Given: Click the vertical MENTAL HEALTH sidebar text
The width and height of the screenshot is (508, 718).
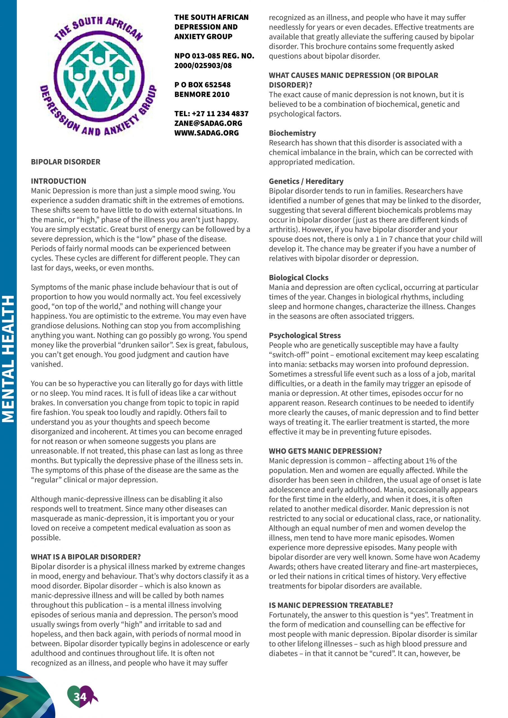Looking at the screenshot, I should [8, 359].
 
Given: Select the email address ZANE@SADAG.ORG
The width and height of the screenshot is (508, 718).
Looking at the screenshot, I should [208, 123].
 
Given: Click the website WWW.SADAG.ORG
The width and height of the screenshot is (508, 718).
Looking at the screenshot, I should [206, 133].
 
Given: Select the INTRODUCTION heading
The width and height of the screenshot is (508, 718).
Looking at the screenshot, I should [58, 181].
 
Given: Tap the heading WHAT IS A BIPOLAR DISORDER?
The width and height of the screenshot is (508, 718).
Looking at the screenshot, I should [86, 557].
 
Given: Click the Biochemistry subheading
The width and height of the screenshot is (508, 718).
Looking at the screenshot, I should [292, 133].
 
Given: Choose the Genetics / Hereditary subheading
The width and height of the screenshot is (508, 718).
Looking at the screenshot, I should [306, 181].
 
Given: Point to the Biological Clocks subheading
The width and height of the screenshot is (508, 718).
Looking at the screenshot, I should [299, 277].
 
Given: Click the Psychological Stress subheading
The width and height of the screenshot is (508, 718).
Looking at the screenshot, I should [305, 335].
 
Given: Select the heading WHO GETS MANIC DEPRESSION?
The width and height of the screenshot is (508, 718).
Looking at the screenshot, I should [325, 451].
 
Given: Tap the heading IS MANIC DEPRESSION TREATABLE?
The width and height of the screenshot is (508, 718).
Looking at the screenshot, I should [331, 605].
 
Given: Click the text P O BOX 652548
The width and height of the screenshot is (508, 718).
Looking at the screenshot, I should [202, 85].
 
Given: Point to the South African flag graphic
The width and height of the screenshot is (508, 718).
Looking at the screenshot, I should [25, 696].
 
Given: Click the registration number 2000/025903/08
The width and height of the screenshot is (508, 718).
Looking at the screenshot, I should [203, 66].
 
